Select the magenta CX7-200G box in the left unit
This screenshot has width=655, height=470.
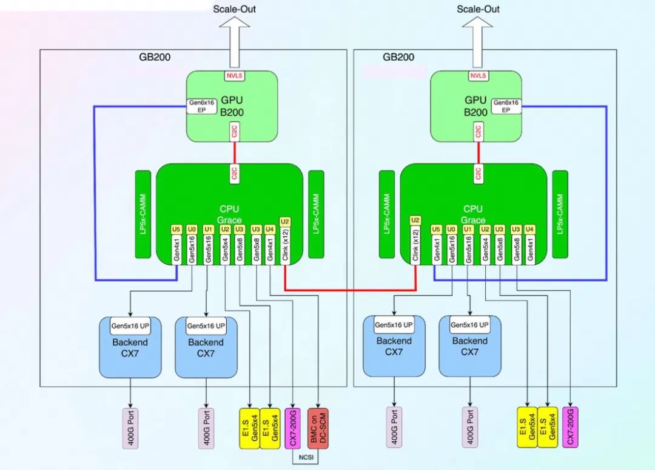pyautogui.click(x=293, y=428)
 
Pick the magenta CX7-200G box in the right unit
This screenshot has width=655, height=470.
pyautogui.click(x=570, y=427)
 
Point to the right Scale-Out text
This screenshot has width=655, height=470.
pyautogui.click(x=478, y=9)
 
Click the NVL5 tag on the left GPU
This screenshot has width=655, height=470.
pyautogui.click(x=233, y=76)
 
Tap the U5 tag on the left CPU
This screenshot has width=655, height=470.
pyautogui.click(x=176, y=230)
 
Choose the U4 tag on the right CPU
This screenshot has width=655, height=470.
pyautogui.click(x=530, y=230)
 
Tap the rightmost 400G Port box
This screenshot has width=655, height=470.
pyautogui.click(x=470, y=427)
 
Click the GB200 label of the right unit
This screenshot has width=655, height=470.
pyautogui.click(x=398, y=57)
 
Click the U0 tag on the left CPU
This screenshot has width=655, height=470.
pyautogui.click(x=192, y=230)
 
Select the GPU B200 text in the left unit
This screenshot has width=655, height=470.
pyautogui.click(x=233, y=107)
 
